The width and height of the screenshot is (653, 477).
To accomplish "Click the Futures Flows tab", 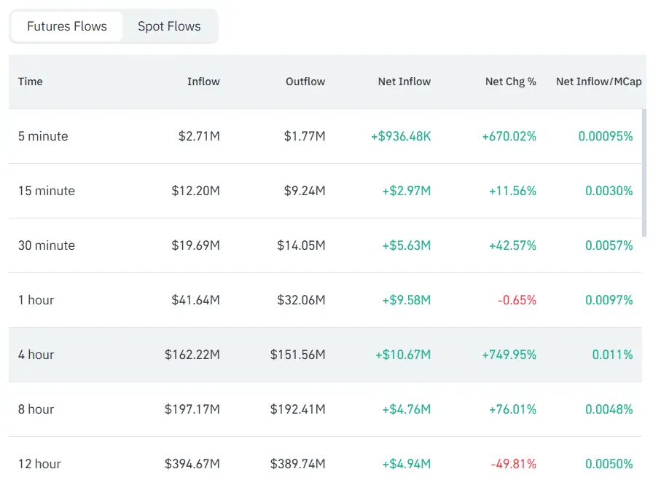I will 67,26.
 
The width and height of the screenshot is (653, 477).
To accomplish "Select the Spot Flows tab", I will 169,26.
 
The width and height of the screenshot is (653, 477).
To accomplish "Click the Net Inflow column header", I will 404,82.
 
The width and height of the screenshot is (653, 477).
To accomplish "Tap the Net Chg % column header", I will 510,82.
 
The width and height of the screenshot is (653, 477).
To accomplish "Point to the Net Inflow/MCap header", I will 598,82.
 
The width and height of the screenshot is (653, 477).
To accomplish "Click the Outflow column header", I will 305,82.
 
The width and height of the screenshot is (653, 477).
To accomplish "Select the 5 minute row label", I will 43,136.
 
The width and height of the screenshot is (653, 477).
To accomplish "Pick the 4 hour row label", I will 36,355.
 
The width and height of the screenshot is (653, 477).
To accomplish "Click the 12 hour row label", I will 39,464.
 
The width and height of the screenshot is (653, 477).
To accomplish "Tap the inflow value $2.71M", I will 199,136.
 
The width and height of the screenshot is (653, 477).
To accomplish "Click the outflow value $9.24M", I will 305,191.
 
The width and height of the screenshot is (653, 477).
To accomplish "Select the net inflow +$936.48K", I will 401,136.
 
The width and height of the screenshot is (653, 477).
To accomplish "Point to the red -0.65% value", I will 517,300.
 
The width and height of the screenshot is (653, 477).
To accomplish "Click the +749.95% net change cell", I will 509,355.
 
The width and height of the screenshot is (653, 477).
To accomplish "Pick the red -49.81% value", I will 513,464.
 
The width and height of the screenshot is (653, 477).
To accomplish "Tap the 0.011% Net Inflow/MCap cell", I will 612,355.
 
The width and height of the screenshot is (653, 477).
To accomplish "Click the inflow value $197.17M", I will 192,409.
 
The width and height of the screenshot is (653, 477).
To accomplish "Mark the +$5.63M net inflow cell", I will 406,245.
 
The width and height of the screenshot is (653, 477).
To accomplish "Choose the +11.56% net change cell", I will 512,191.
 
